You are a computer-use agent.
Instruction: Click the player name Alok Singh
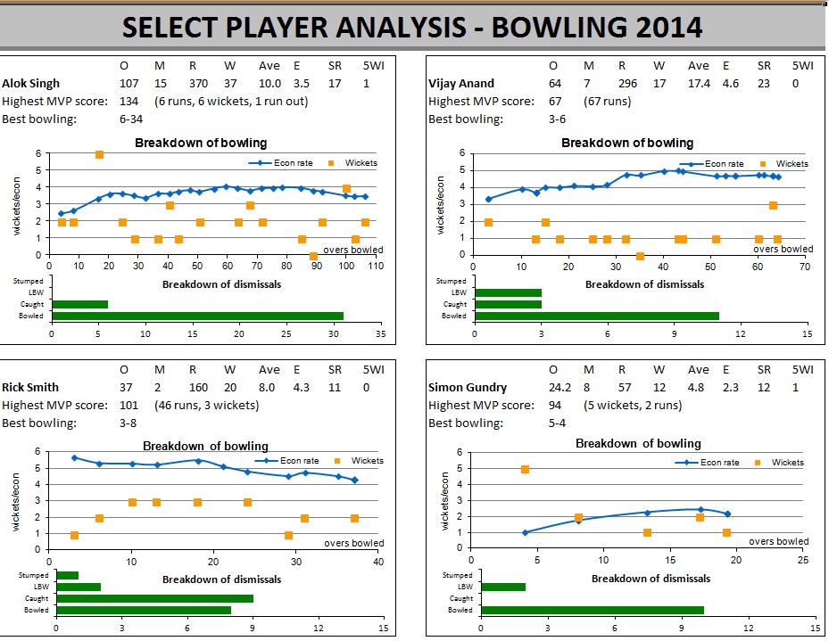tap(31, 83)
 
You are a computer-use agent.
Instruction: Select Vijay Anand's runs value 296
tap(623, 83)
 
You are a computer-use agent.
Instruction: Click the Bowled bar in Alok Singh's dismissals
tap(197, 316)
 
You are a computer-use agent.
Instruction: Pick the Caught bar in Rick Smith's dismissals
tap(155, 599)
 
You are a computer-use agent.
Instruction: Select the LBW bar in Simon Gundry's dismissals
tap(503, 587)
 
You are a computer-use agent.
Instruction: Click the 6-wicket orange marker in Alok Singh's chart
tap(99, 154)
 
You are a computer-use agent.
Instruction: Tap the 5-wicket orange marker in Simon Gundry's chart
tap(525, 469)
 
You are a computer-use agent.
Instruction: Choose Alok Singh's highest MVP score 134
tap(129, 101)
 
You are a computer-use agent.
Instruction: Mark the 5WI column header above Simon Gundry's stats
tap(803, 370)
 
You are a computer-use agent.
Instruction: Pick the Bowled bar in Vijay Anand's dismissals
tap(597, 316)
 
